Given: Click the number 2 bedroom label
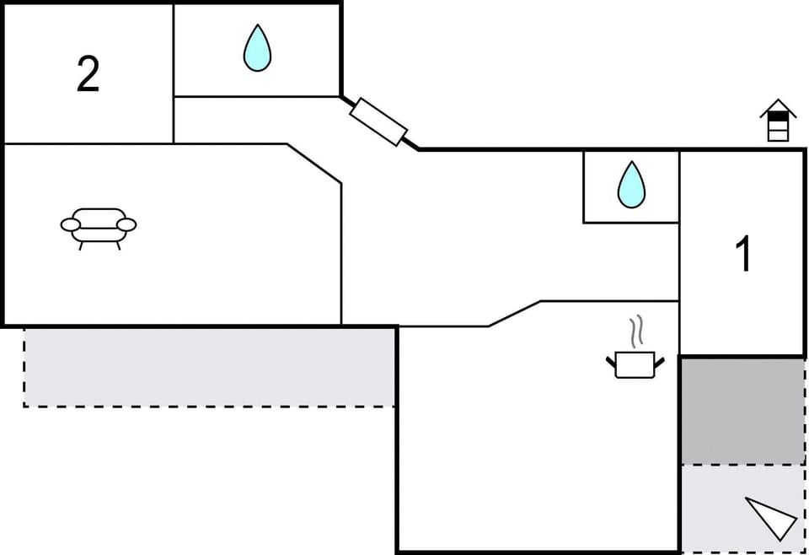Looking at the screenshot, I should [x=88, y=74].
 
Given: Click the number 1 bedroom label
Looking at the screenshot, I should [x=743, y=254].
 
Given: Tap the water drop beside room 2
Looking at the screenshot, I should [x=257, y=48].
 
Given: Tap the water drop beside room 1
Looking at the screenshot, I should [x=631, y=185].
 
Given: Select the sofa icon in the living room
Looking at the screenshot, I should [x=99, y=226].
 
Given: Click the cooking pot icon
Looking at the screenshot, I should [x=635, y=364].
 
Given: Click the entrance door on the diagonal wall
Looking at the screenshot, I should [x=378, y=121].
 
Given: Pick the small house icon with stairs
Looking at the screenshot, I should [x=778, y=121].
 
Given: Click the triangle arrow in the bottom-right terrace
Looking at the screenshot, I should [x=772, y=516].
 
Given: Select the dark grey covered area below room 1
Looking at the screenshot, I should [x=742, y=411].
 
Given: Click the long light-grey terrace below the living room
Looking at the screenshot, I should [x=209, y=366].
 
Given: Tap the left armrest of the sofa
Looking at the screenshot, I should [x=71, y=224].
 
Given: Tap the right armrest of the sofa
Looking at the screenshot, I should [x=126, y=224].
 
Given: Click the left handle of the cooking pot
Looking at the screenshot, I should [x=611, y=363].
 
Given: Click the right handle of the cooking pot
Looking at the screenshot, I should [x=659, y=363].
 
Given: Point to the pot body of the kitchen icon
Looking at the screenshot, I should [x=635, y=365].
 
